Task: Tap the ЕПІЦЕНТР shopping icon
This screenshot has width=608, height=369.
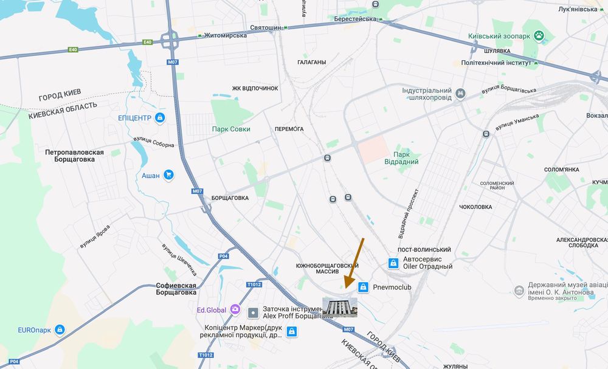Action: [x=159, y=117]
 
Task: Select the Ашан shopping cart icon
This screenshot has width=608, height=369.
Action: [x=169, y=176]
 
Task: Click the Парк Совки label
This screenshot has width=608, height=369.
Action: [x=231, y=129]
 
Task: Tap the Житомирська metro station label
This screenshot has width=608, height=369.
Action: [x=226, y=35]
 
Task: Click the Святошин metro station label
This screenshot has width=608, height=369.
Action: [x=265, y=28]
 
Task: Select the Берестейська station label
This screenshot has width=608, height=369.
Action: [x=356, y=19]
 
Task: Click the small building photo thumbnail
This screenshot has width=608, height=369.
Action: [x=340, y=307]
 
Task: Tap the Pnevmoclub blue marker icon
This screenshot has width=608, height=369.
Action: [x=363, y=287]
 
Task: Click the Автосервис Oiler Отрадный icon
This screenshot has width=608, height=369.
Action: [x=393, y=263]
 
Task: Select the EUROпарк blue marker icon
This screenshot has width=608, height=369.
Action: [x=60, y=330]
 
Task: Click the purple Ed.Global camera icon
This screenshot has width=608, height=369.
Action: [x=234, y=310]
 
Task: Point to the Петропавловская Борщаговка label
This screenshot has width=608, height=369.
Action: [x=74, y=156]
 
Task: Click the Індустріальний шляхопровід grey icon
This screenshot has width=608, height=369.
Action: [x=461, y=94]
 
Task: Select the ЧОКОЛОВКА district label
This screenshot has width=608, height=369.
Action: [x=475, y=207]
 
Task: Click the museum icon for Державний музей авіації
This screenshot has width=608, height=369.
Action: [x=519, y=291]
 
